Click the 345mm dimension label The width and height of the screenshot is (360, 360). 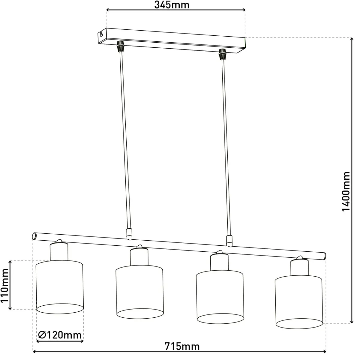(172, 5)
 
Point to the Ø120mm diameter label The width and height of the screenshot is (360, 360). (60, 335)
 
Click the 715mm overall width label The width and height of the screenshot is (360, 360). (182, 346)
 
